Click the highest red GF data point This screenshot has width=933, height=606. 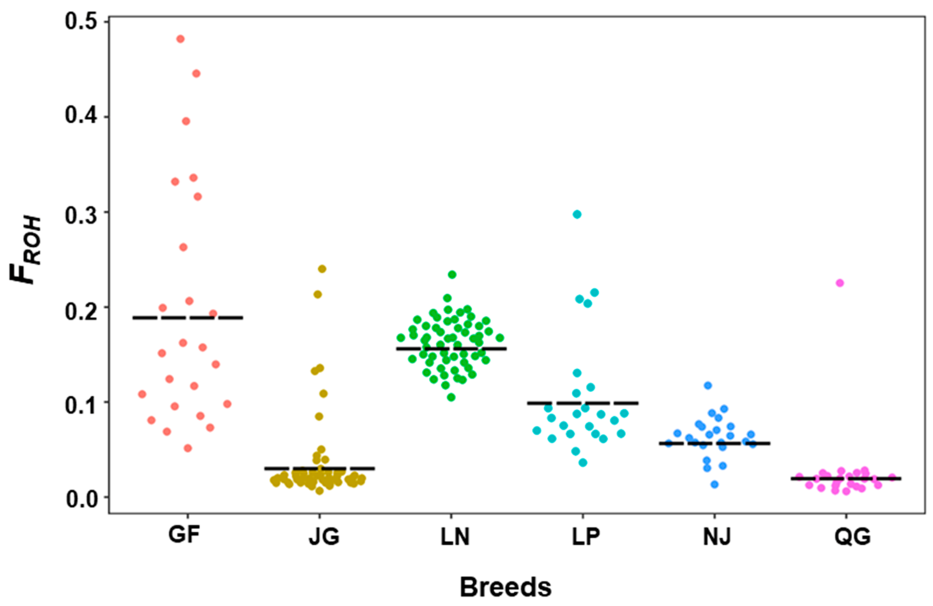click(180, 39)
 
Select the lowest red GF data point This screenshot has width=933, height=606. click(188, 448)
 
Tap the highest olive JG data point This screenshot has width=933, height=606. click(322, 269)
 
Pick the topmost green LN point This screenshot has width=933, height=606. click(452, 274)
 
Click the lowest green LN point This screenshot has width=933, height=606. click(451, 397)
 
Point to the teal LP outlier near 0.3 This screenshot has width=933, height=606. click(577, 214)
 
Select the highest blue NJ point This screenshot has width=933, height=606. click(708, 385)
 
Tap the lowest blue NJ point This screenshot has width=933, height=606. click(715, 484)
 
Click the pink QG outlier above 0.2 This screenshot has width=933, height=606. click(840, 283)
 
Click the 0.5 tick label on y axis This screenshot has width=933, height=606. click(81, 22)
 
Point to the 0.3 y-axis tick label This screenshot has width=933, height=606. click(81, 212)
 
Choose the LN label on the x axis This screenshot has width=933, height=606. click(455, 537)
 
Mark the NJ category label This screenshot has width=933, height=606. click(717, 537)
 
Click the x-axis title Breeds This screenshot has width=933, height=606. click(506, 587)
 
